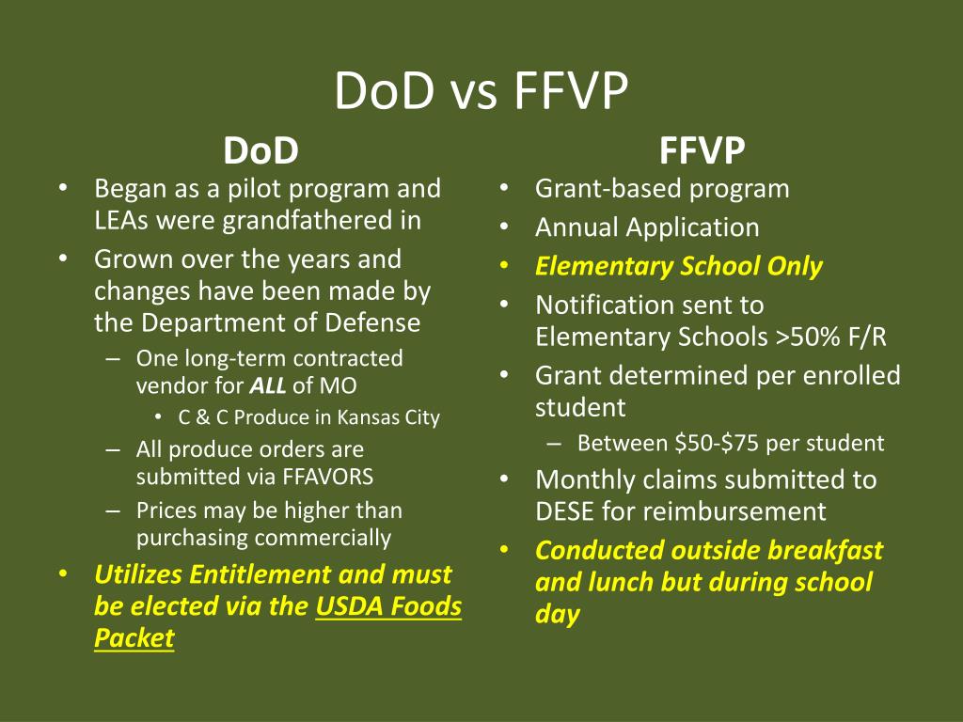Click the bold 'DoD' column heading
[260, 150]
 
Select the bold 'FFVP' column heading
[702, 150]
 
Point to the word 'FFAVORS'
[328, 477]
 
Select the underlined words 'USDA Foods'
[388, 606]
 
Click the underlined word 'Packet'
[134, 638]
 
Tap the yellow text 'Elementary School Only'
[678, 267]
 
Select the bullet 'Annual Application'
[646, 228]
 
